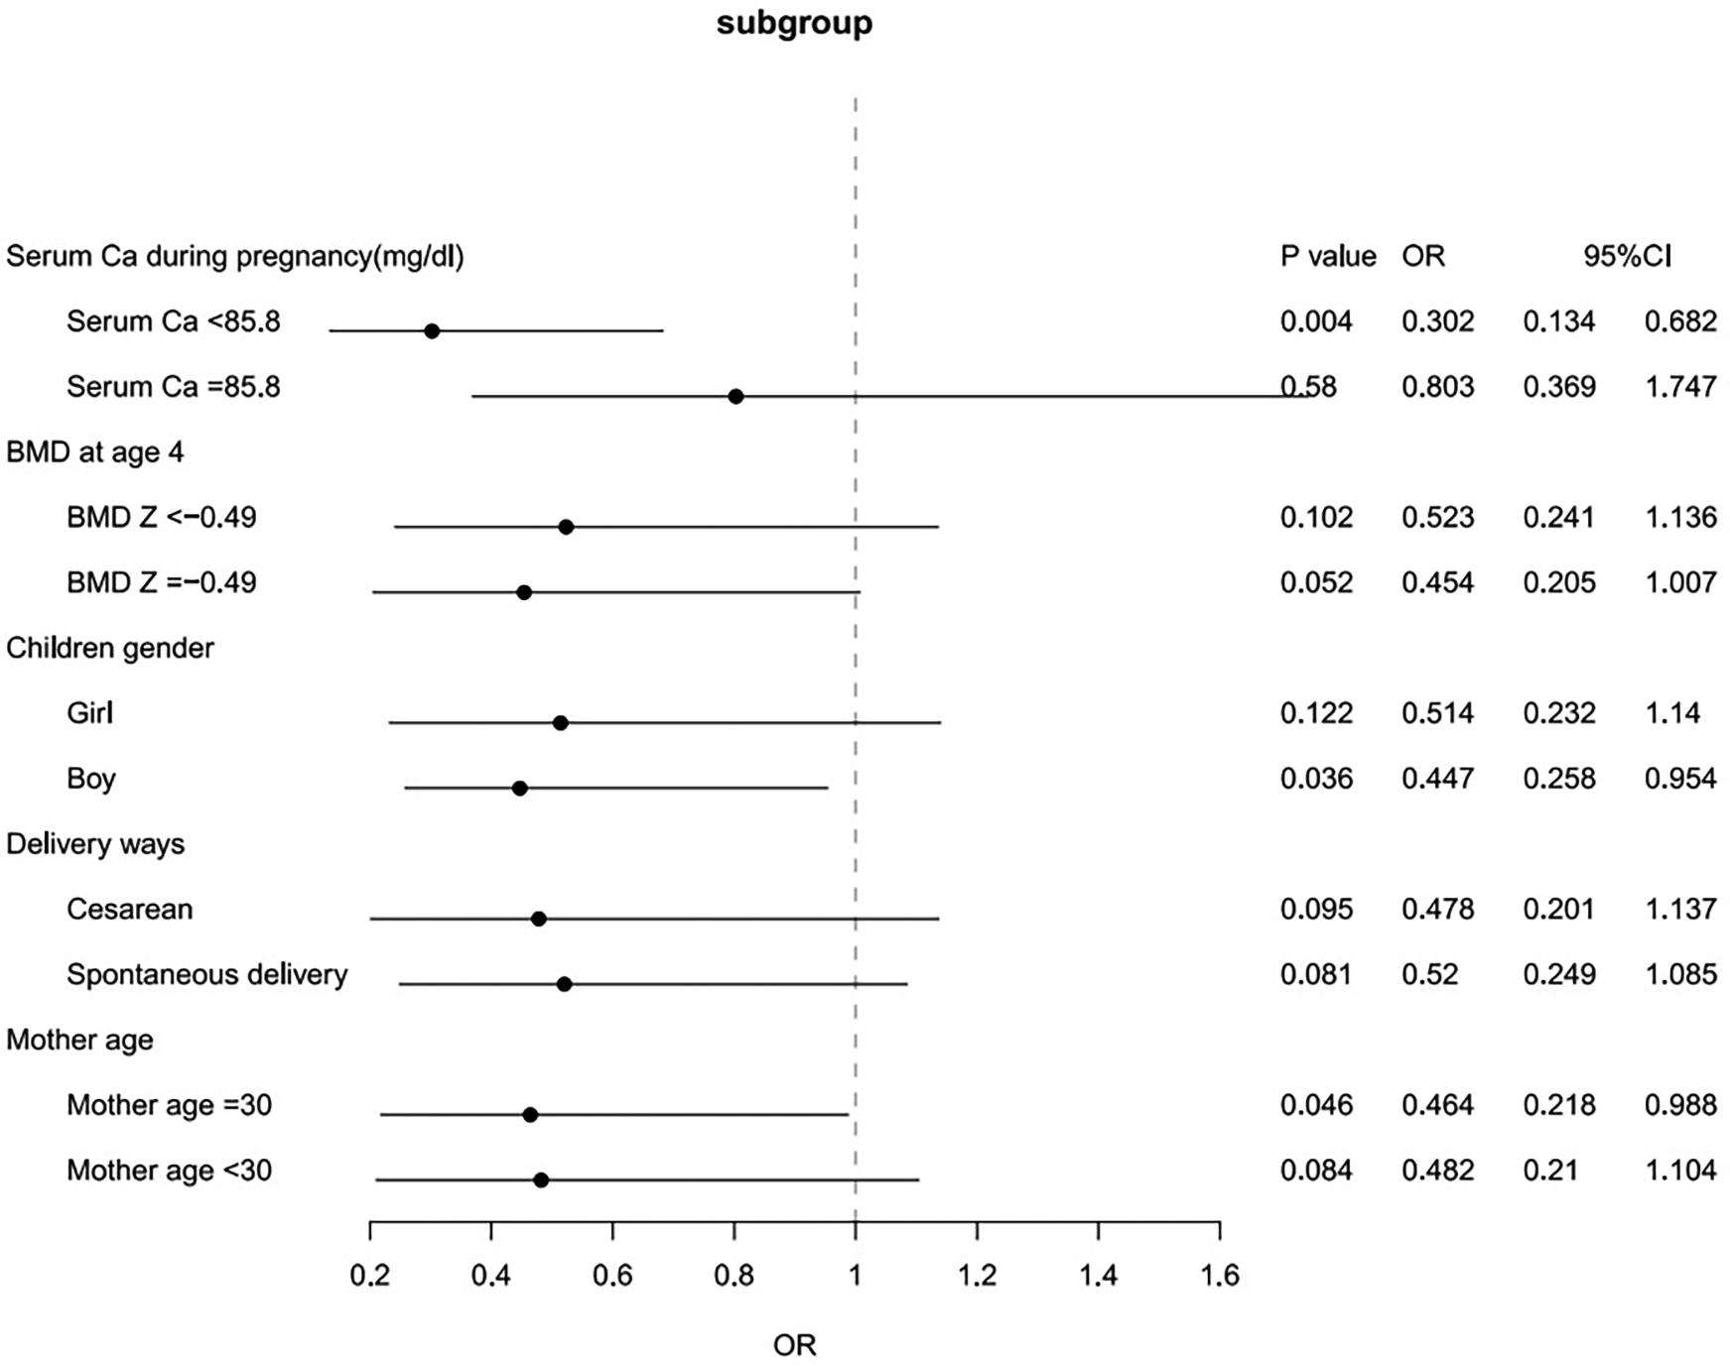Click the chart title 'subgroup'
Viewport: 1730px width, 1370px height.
(x=794, y=23)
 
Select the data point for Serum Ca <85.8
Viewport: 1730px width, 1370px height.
(x=432, y=330)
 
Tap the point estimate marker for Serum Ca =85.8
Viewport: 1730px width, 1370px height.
(x=735, y=396)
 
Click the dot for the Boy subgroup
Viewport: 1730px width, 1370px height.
(x=519, y=788)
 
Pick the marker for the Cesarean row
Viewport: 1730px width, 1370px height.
(x=538, y=919)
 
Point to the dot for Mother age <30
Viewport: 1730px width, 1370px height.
(x=541, y=1180)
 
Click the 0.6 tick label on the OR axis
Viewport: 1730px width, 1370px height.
(x=612, y=1275)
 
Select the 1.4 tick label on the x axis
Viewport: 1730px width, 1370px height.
(x=1098, y=1275)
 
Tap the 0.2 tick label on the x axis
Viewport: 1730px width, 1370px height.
(x=370, y=1275)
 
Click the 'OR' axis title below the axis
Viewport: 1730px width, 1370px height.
(x=794, y=1345)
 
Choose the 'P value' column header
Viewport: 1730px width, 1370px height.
(x=1328, y=256)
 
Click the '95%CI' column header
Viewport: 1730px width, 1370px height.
(x=1627, y=256)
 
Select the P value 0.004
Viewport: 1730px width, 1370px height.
(x=1316, y=321)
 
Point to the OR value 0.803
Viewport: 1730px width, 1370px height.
(x=1437, y=386)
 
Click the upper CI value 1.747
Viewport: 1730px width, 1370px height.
(x=1680, y=386)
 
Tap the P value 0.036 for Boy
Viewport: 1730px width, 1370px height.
(x=1316, y=778)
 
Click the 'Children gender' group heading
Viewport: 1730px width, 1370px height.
(x=110, y=648)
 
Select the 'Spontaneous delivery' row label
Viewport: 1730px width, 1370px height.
(x=206, y=974)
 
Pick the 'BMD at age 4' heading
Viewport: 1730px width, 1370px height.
(x=95, y=452)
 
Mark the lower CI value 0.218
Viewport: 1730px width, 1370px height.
(x=1559, y=1104)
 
